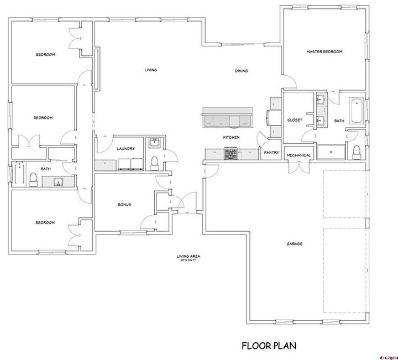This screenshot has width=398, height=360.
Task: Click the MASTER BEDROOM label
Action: pos(324,51)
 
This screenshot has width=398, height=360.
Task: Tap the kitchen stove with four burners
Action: pos(231,153)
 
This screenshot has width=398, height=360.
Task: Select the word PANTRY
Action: pos(271,152)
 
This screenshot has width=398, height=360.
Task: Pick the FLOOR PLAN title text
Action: pos(269,346)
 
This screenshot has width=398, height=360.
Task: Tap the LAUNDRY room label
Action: pos(126,148)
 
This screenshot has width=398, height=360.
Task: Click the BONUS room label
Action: pos(124,204)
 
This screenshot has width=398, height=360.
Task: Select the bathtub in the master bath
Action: pos(357,111)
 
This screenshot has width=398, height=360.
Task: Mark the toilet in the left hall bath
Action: pos(33,178)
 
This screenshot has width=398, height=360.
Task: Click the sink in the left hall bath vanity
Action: pos(57,181)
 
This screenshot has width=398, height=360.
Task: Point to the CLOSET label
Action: pos(295,120)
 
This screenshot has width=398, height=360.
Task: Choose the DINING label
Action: pos(241,71)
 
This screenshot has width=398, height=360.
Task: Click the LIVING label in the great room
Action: pos(150,70)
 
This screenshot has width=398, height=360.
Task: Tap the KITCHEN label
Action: pos(231,137)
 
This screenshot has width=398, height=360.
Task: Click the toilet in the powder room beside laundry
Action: pos(155,162)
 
